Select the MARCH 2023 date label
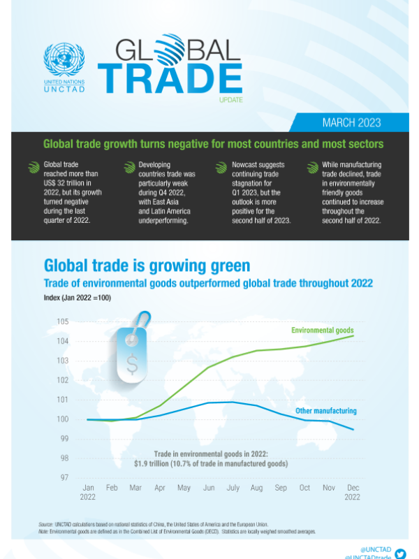(x=351, y=123)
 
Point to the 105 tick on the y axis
(x=62, y=321)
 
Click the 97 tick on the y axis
(x=64, y=477)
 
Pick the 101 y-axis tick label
(x=62, y=400)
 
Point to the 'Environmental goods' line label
(x=323, y=330)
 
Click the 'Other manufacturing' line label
(x=325, y=411)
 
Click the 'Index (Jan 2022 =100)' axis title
(x=78, y=298)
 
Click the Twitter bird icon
(x=399, y=553)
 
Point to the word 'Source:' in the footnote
(x=47, y=524)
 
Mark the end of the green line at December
(x=353, y=336)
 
